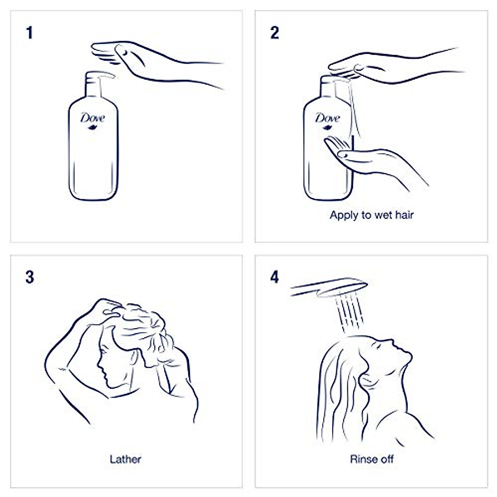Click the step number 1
tap(29, 33)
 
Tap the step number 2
tap(275, 33)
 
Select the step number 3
tap(29, 277)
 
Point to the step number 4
tap(275, 277)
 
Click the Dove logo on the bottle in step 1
tap(93, 119)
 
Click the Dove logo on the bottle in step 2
tap(327, 119)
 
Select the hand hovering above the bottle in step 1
tap(124, 58)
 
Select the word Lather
tap(125, 459)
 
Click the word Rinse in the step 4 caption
tap(362, 459)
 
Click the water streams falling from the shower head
tap(350, 313)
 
